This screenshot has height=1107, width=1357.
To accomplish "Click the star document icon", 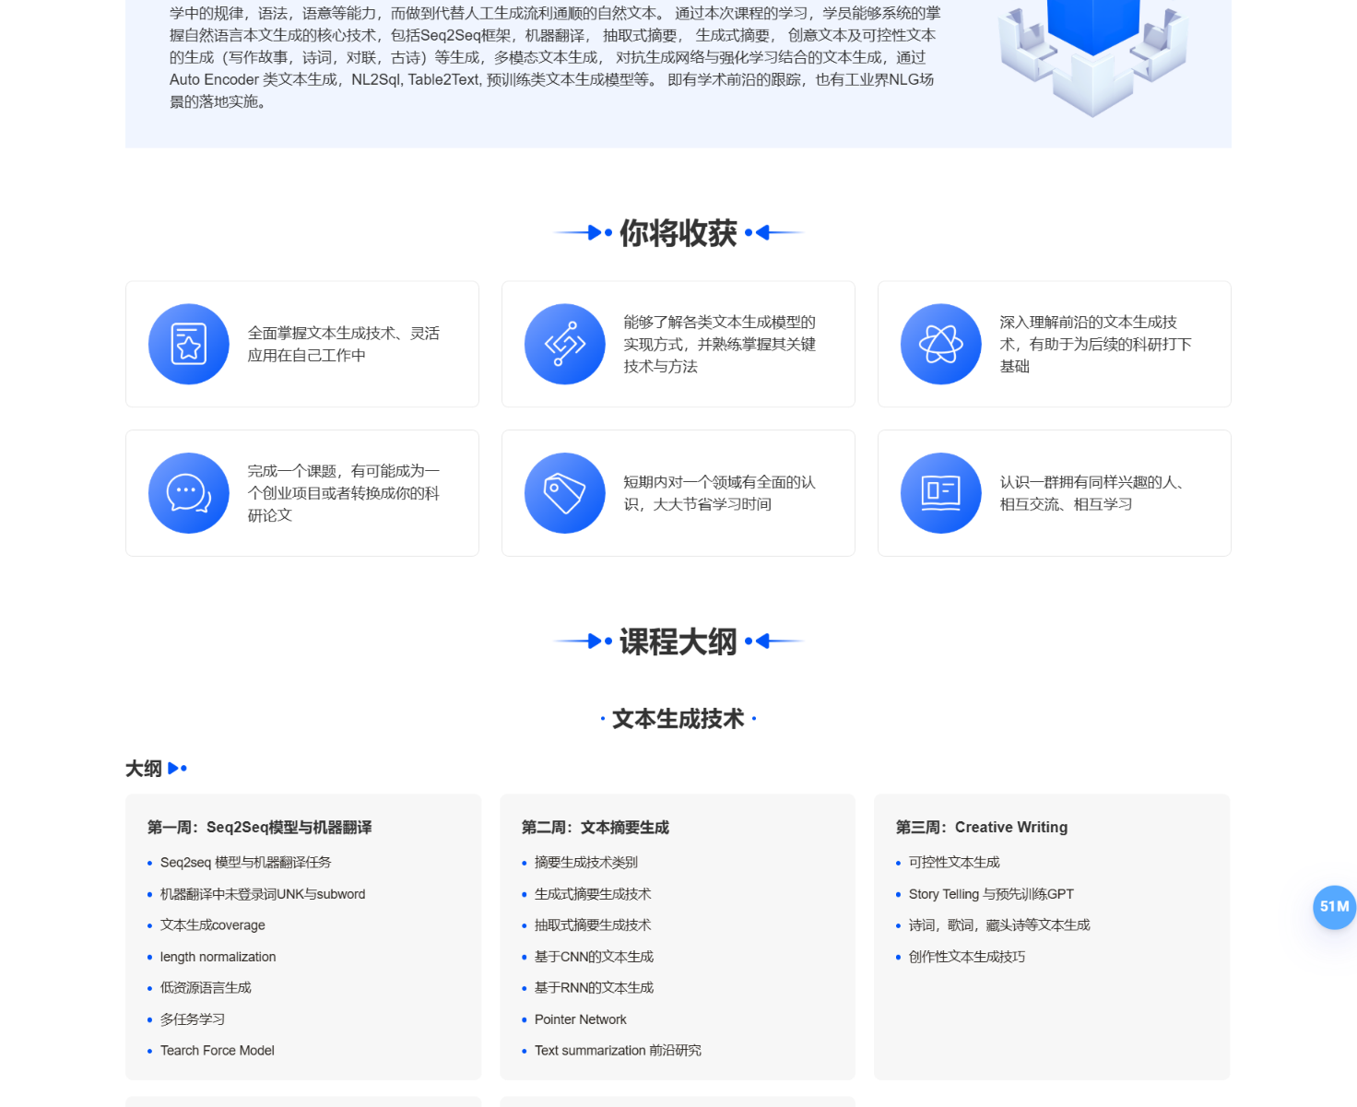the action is click(188, 344).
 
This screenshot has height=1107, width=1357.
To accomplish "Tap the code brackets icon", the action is click(564, 344).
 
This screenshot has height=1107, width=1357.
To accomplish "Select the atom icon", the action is click(940, 344).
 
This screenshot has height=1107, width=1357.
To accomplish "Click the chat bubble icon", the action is click(188, 493).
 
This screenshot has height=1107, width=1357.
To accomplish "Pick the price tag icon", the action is click(564, 493).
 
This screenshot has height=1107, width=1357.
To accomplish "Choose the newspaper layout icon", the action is click(940, 493).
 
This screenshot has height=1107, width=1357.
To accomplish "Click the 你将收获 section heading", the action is click(678, 233).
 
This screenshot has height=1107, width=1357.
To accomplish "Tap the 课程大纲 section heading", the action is click(678, 642).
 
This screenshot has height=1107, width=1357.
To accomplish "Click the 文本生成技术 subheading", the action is click(678, 719).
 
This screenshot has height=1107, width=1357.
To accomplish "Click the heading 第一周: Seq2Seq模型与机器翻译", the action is click(260, 828).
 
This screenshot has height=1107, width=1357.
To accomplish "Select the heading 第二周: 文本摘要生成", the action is click(596, 828).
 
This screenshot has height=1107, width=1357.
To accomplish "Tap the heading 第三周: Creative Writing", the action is click(982, 828).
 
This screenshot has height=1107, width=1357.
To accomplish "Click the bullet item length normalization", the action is click(218, 957).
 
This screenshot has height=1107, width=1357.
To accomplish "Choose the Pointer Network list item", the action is click(580, 1019).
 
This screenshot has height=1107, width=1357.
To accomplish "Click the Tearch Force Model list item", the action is click(217, 1051).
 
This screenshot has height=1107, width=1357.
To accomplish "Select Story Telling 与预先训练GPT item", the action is click(991, 894).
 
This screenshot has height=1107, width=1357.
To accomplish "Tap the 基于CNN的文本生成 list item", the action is click(594, 957).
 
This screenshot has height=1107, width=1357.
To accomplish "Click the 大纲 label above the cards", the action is click(144, 769).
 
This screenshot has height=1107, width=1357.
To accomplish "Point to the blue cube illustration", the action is click(1092, 51).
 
